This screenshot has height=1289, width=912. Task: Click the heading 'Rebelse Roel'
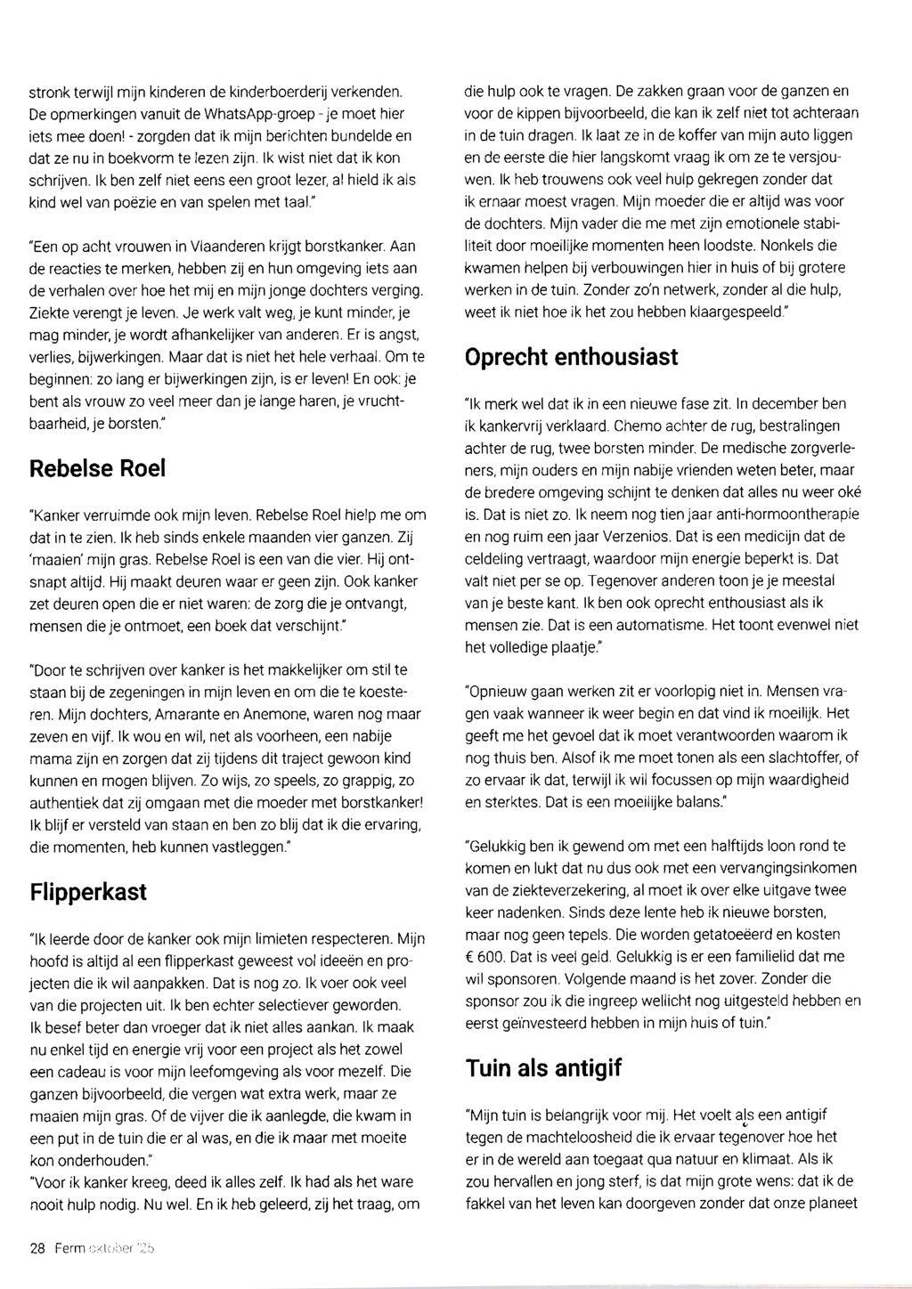tap(98, 468)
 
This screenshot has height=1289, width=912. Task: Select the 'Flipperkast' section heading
tap(88, 891)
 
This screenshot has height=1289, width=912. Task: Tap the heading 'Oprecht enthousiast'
tap(571, 357)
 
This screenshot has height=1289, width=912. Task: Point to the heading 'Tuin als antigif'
tap(543, 1068)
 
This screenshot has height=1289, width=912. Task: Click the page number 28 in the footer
tap(37, 1248)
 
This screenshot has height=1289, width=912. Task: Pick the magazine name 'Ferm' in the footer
tap(69, 1248)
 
